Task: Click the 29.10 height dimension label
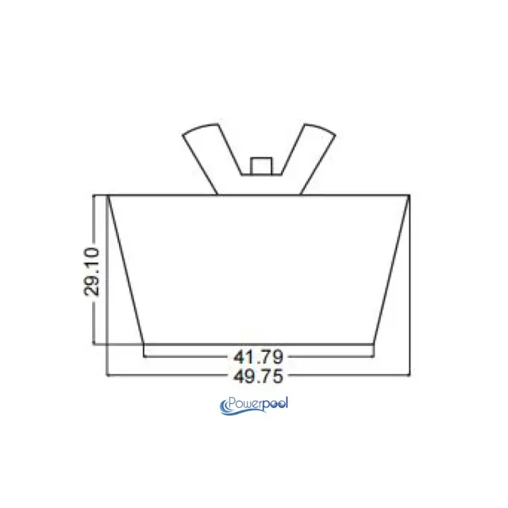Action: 91,271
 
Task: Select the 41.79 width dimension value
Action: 258,357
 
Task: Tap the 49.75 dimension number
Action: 258,376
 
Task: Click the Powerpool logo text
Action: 254,406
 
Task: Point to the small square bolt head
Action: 261,166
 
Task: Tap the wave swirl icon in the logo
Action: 225,407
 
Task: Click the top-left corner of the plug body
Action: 108,195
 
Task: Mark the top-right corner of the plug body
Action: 410,195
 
